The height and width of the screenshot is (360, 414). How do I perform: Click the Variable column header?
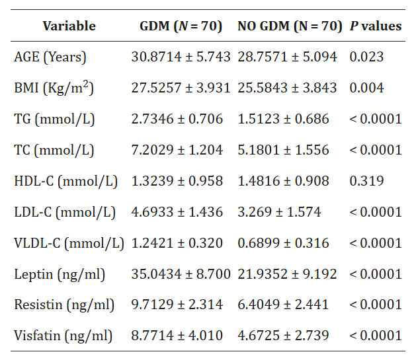(x=69, y=26)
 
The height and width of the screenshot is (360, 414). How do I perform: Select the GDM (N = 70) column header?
(x=181, y=26)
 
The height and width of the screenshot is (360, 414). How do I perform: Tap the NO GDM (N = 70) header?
(x=289, y=26)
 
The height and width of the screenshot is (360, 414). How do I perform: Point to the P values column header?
(x=375, y=26)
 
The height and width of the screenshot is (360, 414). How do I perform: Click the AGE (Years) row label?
(x=50, y=57)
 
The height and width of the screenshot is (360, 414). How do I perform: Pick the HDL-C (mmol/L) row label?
(x=65, y=181)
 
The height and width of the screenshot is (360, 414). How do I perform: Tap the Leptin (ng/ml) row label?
(x=60, y=274)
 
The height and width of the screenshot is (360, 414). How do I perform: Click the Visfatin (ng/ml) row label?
(x=63, y=336)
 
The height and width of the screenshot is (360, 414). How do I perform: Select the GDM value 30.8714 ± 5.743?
(x=181, y=57)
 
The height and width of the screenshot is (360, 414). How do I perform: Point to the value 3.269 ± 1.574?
(x=279, y=212)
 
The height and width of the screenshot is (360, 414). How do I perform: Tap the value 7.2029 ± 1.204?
(x=177, y=150)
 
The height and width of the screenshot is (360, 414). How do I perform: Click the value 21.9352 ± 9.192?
(x=287, y=274)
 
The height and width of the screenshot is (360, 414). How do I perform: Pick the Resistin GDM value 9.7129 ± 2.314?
(x=177, y=305)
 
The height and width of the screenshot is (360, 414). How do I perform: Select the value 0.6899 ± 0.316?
(x=283, y=243)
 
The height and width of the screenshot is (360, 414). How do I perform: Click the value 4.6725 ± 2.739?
(x=283, y=336)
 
